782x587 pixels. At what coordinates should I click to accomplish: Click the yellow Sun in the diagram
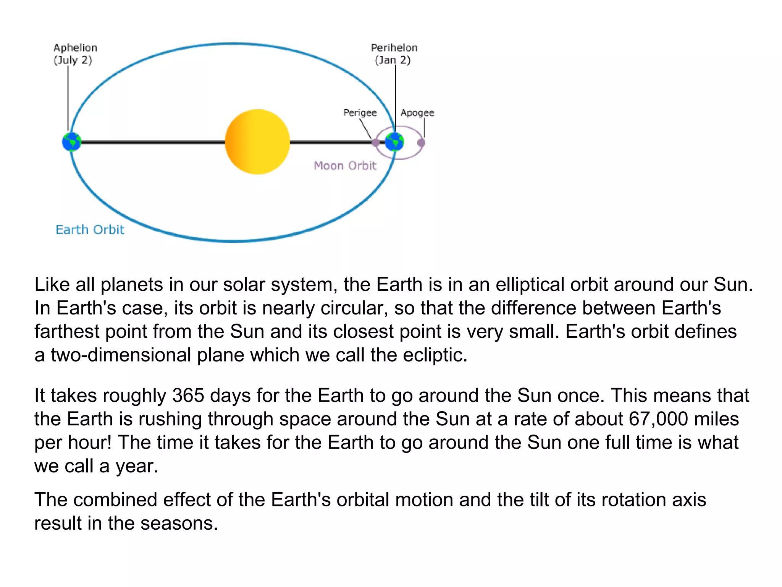click(x=257, y=142)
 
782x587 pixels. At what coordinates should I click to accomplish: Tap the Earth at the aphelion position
click(x=71, y=142)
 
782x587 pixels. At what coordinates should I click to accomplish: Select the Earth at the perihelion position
click(x=394, y=142)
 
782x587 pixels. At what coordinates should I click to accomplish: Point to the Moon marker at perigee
click(x=375, y=143)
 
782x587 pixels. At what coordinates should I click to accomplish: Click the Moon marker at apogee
click(x=421, y=143)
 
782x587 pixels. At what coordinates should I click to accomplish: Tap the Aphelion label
click(x=75, y=48)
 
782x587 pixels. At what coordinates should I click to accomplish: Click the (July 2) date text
click(x=73, y=60)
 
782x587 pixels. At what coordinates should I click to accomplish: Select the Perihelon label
click(x=394, y=48)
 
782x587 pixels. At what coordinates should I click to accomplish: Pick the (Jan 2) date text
click(x=393, y=60)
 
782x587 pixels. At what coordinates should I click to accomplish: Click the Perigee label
click(x=360, y=113)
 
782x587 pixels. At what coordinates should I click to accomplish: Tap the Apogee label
click(x=417, y=113)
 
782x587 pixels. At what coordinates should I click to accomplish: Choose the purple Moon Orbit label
click(x=345, y=165)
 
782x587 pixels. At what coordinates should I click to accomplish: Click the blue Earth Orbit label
click(x=90, y=230)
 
